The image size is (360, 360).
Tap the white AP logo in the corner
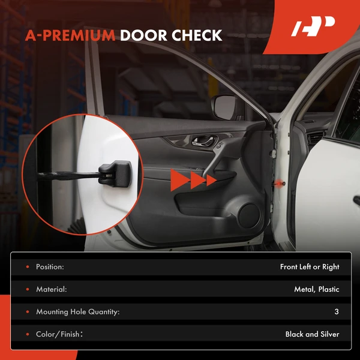(313, 28)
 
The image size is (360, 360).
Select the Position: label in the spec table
(50, 267)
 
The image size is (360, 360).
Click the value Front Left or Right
(310, 267)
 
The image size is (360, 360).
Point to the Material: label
(52, 289)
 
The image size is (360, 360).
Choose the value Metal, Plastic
(317, 289)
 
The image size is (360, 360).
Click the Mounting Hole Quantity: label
(78, 311)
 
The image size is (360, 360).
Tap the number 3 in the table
(337, 311)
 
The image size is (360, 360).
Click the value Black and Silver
(312, 334)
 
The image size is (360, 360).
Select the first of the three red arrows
(178, 179)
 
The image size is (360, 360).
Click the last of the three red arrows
(211, 179)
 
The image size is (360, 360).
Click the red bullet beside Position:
(26, 267)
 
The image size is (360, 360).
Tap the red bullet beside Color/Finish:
(26, 334)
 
